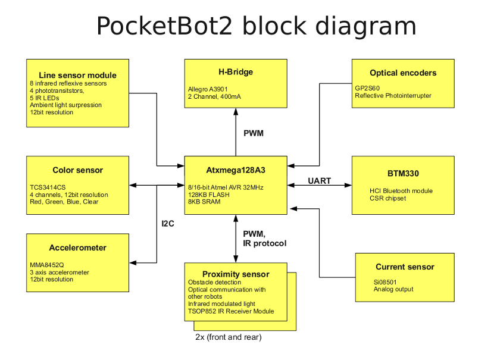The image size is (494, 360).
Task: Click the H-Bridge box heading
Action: pos(235,72)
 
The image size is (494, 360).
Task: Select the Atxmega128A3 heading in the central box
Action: pos(235,170)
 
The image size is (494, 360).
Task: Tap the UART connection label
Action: pos(320,180)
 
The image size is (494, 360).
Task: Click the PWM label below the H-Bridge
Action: pos(254,133)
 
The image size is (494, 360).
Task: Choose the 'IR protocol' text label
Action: pos(265,243)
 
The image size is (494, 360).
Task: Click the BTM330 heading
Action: pos(403,174)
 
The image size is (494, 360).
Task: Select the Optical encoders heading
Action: pos(403,73)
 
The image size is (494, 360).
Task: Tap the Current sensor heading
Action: pos(405,267)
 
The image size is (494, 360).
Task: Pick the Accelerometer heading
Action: pos(77,248)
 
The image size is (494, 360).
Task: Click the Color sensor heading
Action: pos(77,170)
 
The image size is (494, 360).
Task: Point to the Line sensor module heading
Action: pos(77,75)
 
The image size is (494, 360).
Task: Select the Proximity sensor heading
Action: pos(236,274)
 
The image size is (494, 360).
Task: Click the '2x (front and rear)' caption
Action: pos(229,337)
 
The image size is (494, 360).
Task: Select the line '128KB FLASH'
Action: pos(208,195)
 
